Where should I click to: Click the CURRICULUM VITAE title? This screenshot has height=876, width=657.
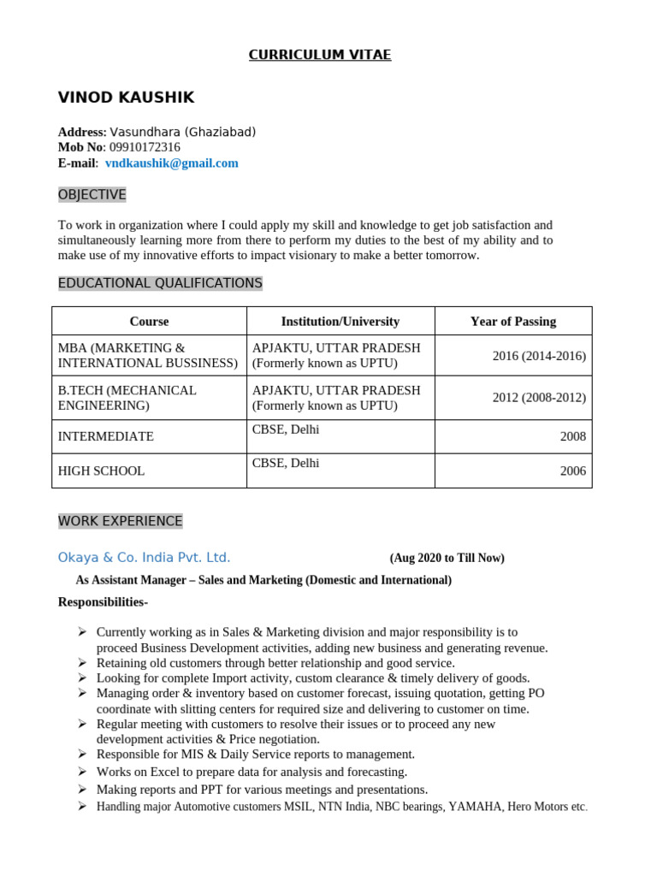319,55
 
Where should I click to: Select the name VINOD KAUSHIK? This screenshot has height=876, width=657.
126,98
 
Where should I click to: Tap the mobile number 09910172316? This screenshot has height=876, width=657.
145,147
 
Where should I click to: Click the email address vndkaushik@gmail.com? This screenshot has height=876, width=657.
171,163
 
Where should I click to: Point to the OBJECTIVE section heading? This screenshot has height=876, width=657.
92,195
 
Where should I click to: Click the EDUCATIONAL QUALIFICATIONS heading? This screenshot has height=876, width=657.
160,283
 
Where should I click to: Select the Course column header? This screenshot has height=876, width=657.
149,322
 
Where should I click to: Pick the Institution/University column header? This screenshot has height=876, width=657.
340,322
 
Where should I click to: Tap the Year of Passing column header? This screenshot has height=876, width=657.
512,322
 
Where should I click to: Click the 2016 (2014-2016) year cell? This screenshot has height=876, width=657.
539,356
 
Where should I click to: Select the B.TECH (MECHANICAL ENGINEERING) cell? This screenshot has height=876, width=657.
127,398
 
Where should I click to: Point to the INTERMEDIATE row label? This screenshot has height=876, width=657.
105,436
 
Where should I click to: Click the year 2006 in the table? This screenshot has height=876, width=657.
572,471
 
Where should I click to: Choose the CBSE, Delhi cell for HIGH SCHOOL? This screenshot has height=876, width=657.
286,463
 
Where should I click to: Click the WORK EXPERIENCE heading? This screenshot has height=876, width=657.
120,521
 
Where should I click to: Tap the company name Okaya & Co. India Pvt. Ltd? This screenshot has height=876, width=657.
144,558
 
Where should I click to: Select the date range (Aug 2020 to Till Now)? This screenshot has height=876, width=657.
447,559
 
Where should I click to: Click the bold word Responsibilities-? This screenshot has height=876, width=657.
103,602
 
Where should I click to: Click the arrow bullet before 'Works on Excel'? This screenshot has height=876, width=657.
81,772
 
